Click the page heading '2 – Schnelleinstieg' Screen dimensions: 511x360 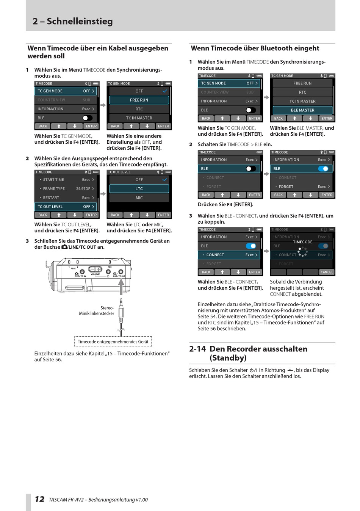pyautogui.click(x=73, y=21)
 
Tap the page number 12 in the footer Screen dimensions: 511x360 pyautogui.click(x=39, y=499)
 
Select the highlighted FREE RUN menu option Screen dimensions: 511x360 pyautogui.click(x=139, y=100)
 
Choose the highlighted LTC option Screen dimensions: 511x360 pyautogui.click(x=139, y=189)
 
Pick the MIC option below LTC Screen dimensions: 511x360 pyautogui.click(x=139, y=198)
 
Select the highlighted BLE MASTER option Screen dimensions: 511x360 pyautogui.click(x=302, y=110)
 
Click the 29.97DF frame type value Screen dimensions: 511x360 pyautogui.click(x=83, y=189)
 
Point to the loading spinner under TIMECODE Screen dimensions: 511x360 pyautogui.click(x=302, y=251)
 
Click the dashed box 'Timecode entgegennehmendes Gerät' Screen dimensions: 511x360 pyautogui.click(x=113, y=342)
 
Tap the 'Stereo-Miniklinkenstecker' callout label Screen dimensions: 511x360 pyautogui.click(x=97, y=311)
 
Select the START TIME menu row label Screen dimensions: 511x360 pyautogui.click(x=53, y=180)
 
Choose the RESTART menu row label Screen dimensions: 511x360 pyautogui.click(x=51, y=198)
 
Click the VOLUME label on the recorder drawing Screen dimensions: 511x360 pyautogui.click(x=95, y=274)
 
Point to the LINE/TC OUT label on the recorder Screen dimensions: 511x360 pyautogui.click(x=119, y=276)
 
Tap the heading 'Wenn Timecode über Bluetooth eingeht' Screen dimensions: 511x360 pyautogui.click(x=255, y=49)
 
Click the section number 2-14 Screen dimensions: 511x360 pyautogui.click(x=197, y=349)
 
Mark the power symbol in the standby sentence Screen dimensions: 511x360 pyautogui.click(x=254, y=370)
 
